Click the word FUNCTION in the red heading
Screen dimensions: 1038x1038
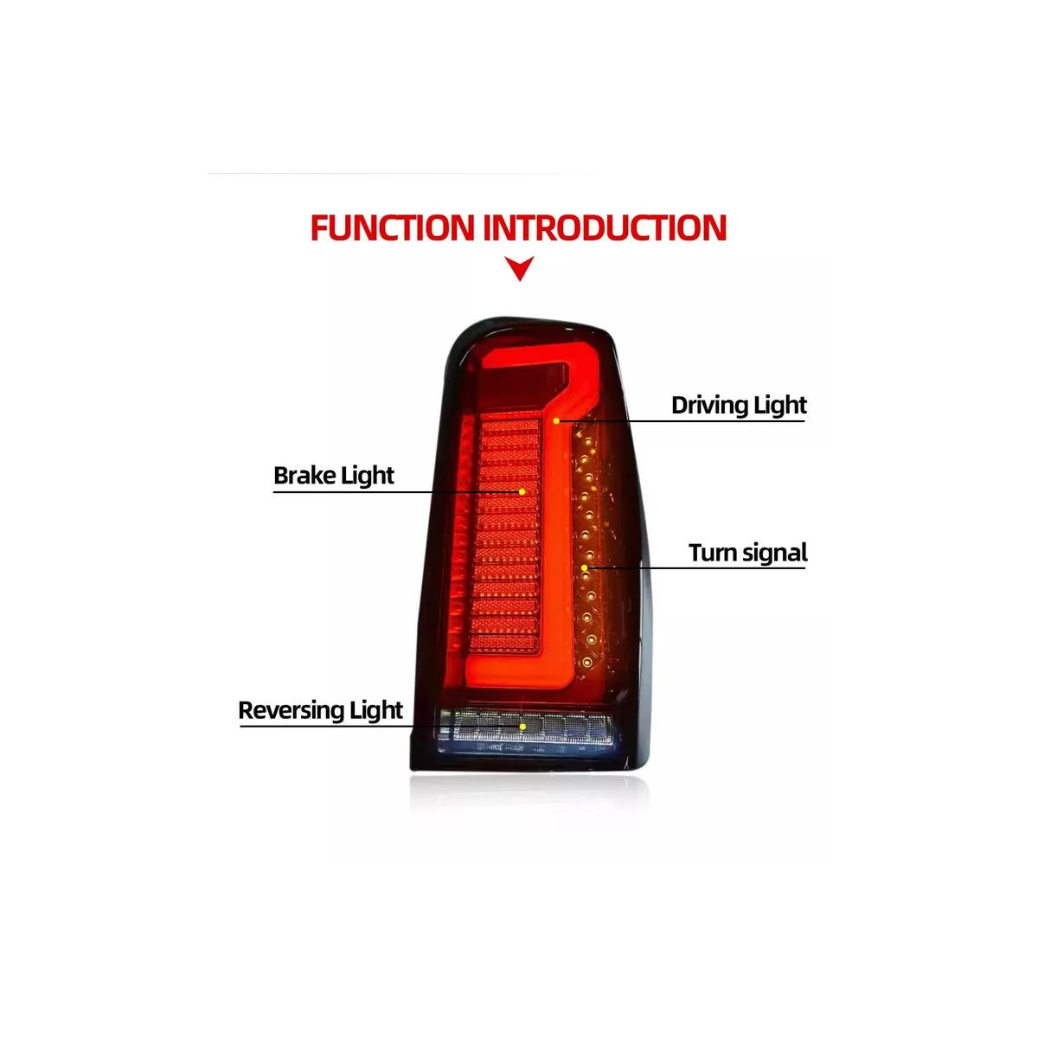pos(393,227)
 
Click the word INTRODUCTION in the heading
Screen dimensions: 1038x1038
pos(605,227)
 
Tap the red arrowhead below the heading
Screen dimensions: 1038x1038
pos(520,267)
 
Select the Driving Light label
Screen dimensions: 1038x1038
pos(739,407)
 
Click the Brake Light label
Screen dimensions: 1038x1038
pos(334,476)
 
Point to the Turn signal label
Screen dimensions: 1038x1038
pos(747,554)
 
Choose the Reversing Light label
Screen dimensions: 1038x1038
pos(321,710)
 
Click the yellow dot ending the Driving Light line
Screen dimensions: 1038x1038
pos(556,420)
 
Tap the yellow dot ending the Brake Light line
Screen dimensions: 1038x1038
pos(522,492)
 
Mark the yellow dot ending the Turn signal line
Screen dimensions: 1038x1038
pos(585,567)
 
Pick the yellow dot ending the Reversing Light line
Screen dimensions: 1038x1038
pos(522,727)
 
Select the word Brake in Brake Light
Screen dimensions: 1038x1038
pos(304,476)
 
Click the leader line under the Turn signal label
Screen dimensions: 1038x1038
pos(695,567)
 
